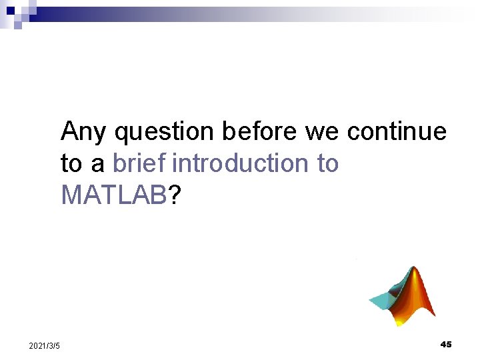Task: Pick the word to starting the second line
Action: (x=71, y=163)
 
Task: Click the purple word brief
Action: (x=139, y=163)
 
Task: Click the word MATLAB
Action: (x=113, y=195)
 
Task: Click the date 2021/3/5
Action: (x=45, y=345)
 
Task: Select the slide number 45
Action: (x=446, y=344)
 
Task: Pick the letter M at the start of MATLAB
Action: (x=70, y=195)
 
